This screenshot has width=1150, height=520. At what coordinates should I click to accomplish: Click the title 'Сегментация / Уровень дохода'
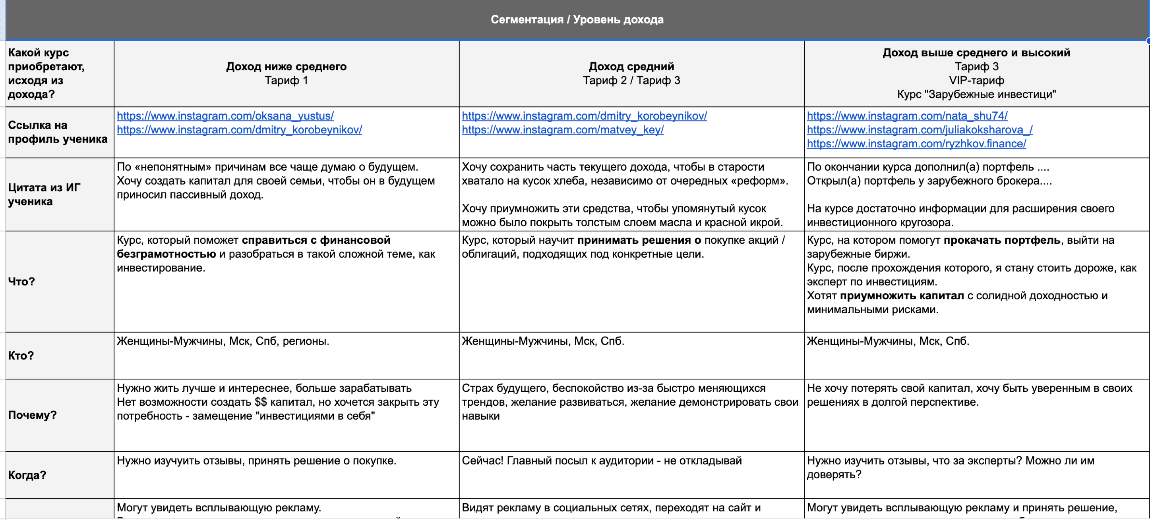pos(577,19)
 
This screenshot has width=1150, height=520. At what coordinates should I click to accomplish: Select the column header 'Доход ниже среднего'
pos(286,66)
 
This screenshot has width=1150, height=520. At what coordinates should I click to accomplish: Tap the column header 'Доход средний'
pos(631,66)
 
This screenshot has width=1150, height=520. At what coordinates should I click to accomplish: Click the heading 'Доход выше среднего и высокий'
pos(976,53)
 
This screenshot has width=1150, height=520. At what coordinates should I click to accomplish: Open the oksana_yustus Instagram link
pos(225,116)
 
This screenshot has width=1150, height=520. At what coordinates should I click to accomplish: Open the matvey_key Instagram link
pos(563,130)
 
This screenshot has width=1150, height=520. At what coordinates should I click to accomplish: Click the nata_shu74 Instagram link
pos(907,116)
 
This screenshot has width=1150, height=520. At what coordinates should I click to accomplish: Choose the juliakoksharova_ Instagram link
pos(920,130)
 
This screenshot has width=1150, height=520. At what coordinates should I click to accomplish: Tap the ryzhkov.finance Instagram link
pos(916,144)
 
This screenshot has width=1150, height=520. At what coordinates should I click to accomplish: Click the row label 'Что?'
pos(21,281)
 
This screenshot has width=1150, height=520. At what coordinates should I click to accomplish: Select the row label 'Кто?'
pos(21,355)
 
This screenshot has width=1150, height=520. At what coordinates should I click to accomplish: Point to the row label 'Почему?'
pos(32,415)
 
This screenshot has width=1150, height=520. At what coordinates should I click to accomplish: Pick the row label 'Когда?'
pos(27,475)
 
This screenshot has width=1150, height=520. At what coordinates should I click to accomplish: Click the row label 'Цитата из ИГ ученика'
pos(44,195)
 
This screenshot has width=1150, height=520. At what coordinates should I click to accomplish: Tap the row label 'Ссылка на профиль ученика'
pos(58,132)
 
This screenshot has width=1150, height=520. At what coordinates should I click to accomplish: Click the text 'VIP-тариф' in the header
pos(976,80)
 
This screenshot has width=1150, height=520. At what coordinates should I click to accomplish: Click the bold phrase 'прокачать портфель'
pos(1002,240)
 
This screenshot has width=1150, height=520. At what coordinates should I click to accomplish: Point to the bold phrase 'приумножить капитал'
pos(902,296)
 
